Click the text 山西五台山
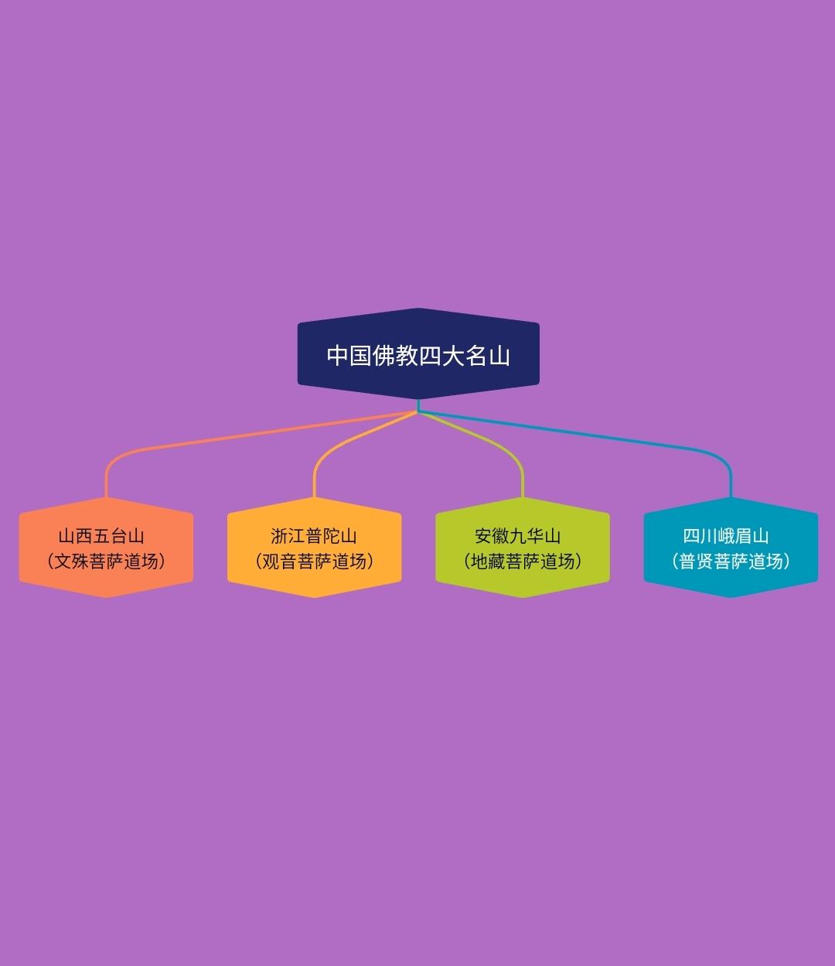(101, 536)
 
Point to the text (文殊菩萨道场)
(106, 562)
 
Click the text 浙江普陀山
(314, 536)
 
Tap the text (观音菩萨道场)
(314, 562)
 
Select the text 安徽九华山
(518, 536)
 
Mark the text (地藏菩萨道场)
(523, 562)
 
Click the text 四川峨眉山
(726, 536)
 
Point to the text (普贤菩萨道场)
(731, 562)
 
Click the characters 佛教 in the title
(395, 356)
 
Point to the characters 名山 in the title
(488, 356)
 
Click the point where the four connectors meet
(418, 411)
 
